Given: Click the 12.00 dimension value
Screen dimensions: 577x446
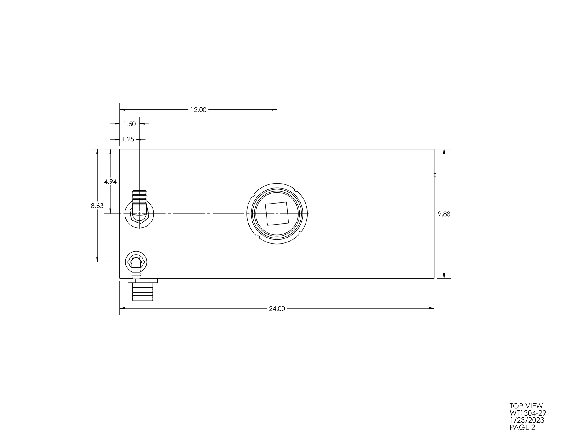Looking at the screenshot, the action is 198,110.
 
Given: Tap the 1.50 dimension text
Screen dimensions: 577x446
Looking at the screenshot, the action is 130,124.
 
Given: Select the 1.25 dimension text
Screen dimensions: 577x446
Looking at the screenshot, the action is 128,139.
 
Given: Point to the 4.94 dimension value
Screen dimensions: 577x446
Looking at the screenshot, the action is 110,182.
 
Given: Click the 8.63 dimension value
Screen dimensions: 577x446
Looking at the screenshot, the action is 97,206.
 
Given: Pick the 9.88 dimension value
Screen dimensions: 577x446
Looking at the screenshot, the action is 444,214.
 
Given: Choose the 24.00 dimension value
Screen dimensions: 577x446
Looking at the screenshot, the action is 277,309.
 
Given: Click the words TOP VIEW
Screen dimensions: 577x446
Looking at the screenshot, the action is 526,406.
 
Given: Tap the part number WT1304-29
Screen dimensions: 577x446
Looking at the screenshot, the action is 528,413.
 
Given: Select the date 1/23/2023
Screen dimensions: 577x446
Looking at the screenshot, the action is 527,420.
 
